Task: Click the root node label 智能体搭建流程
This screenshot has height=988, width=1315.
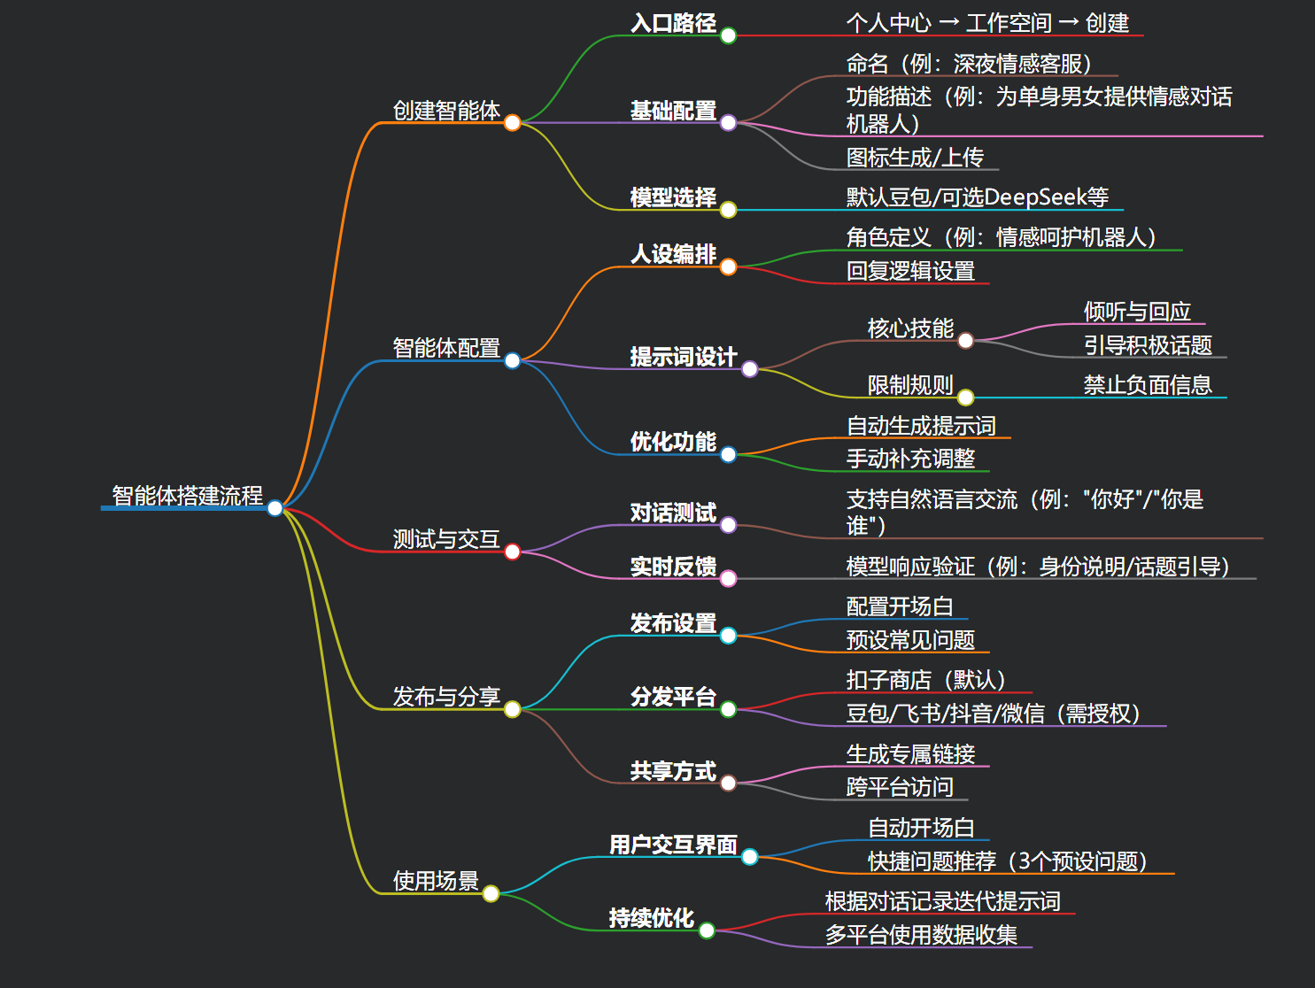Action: (x=187, y=495)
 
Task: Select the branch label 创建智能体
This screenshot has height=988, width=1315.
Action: (x=446, y=111)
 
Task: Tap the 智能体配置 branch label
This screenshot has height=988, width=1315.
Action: (x=446, y=348)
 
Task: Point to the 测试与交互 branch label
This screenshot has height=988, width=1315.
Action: (x=446, y=539)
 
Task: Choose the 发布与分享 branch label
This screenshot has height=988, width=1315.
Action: (x=446, y=697)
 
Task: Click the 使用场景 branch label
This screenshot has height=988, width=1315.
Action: (x=436, y=881)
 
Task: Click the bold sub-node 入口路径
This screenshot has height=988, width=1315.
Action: (x=673, y=23)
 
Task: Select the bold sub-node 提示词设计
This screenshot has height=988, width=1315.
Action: (x=684, y=357)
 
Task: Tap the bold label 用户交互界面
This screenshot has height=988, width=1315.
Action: (x=673, y=845)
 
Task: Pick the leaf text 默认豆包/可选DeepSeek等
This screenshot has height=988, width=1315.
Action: (x=977, y=197)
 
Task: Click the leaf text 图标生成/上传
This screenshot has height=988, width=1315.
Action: (x=915, y=158)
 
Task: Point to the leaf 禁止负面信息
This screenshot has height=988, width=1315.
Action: (x=1148, y=385)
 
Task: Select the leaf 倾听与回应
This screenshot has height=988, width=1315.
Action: (x=1137, y=312)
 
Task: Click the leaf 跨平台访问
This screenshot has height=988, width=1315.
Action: (x=900, y=787)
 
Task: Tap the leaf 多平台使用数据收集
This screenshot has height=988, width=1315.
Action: (x=921, y=935)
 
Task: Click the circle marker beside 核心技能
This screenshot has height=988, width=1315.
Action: (x=966, y=340)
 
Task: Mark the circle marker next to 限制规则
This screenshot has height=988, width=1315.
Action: (x=966, y=398)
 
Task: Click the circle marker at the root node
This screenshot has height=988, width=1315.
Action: (x=275, y=507)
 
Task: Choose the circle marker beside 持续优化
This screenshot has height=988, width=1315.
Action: (x=707, y=930)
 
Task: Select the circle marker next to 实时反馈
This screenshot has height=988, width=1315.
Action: (x=728, y=579)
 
